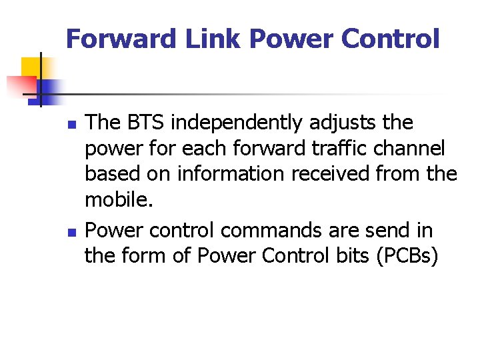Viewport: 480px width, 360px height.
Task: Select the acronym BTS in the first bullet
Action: tap(146, 123)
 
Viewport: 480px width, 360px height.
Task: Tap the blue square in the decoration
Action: tap(48, 89)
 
